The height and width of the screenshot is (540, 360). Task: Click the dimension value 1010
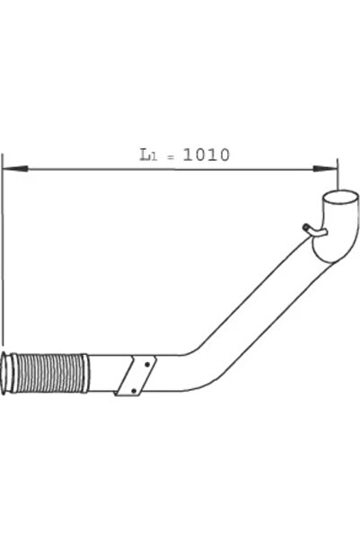click(x=206, y=155)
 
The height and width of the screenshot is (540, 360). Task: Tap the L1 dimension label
click(x=148, y=155)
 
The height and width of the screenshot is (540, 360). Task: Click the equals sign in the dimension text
click(x=171, y=156)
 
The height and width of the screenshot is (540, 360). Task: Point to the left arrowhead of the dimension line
click(x=15, y=168)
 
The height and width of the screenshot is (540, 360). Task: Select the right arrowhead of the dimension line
click(x=325, y=169)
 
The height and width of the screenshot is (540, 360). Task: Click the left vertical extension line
click(x=3, y=249)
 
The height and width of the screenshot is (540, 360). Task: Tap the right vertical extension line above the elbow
click(x=338, y=174)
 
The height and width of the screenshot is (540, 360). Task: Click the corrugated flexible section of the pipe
click(x=48, y=373)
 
